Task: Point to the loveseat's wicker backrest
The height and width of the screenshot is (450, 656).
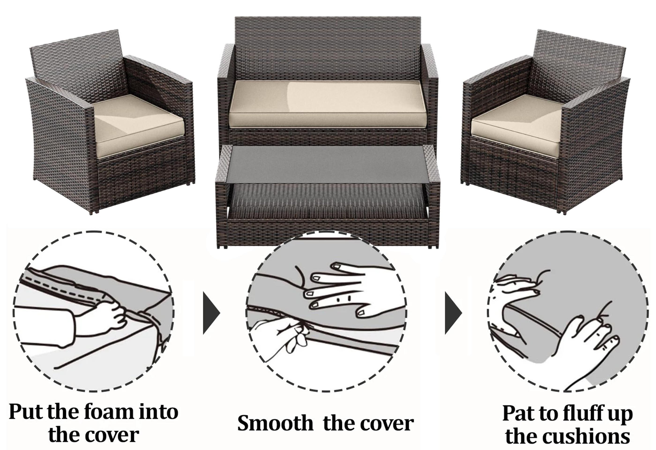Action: pos(328,48)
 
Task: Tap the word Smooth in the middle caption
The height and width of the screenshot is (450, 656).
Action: pos(276,423)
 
